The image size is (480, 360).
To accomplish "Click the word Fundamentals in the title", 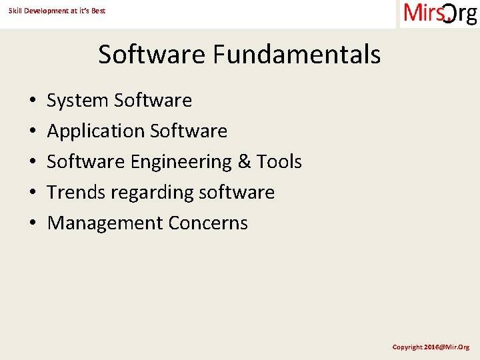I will [x=297, y=54].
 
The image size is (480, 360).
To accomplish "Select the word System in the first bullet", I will [x=77, y=101].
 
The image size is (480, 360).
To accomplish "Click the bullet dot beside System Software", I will [x=32, y=101].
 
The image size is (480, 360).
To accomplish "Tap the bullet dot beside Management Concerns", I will [x=32, y=224].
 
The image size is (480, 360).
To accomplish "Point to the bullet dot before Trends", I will [x=32, y=193].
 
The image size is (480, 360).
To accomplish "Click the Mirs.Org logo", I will [x=439, y=13].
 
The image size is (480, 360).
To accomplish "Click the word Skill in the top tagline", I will [x=15, y=11].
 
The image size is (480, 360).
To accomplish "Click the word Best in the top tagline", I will [x=99, y=11].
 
